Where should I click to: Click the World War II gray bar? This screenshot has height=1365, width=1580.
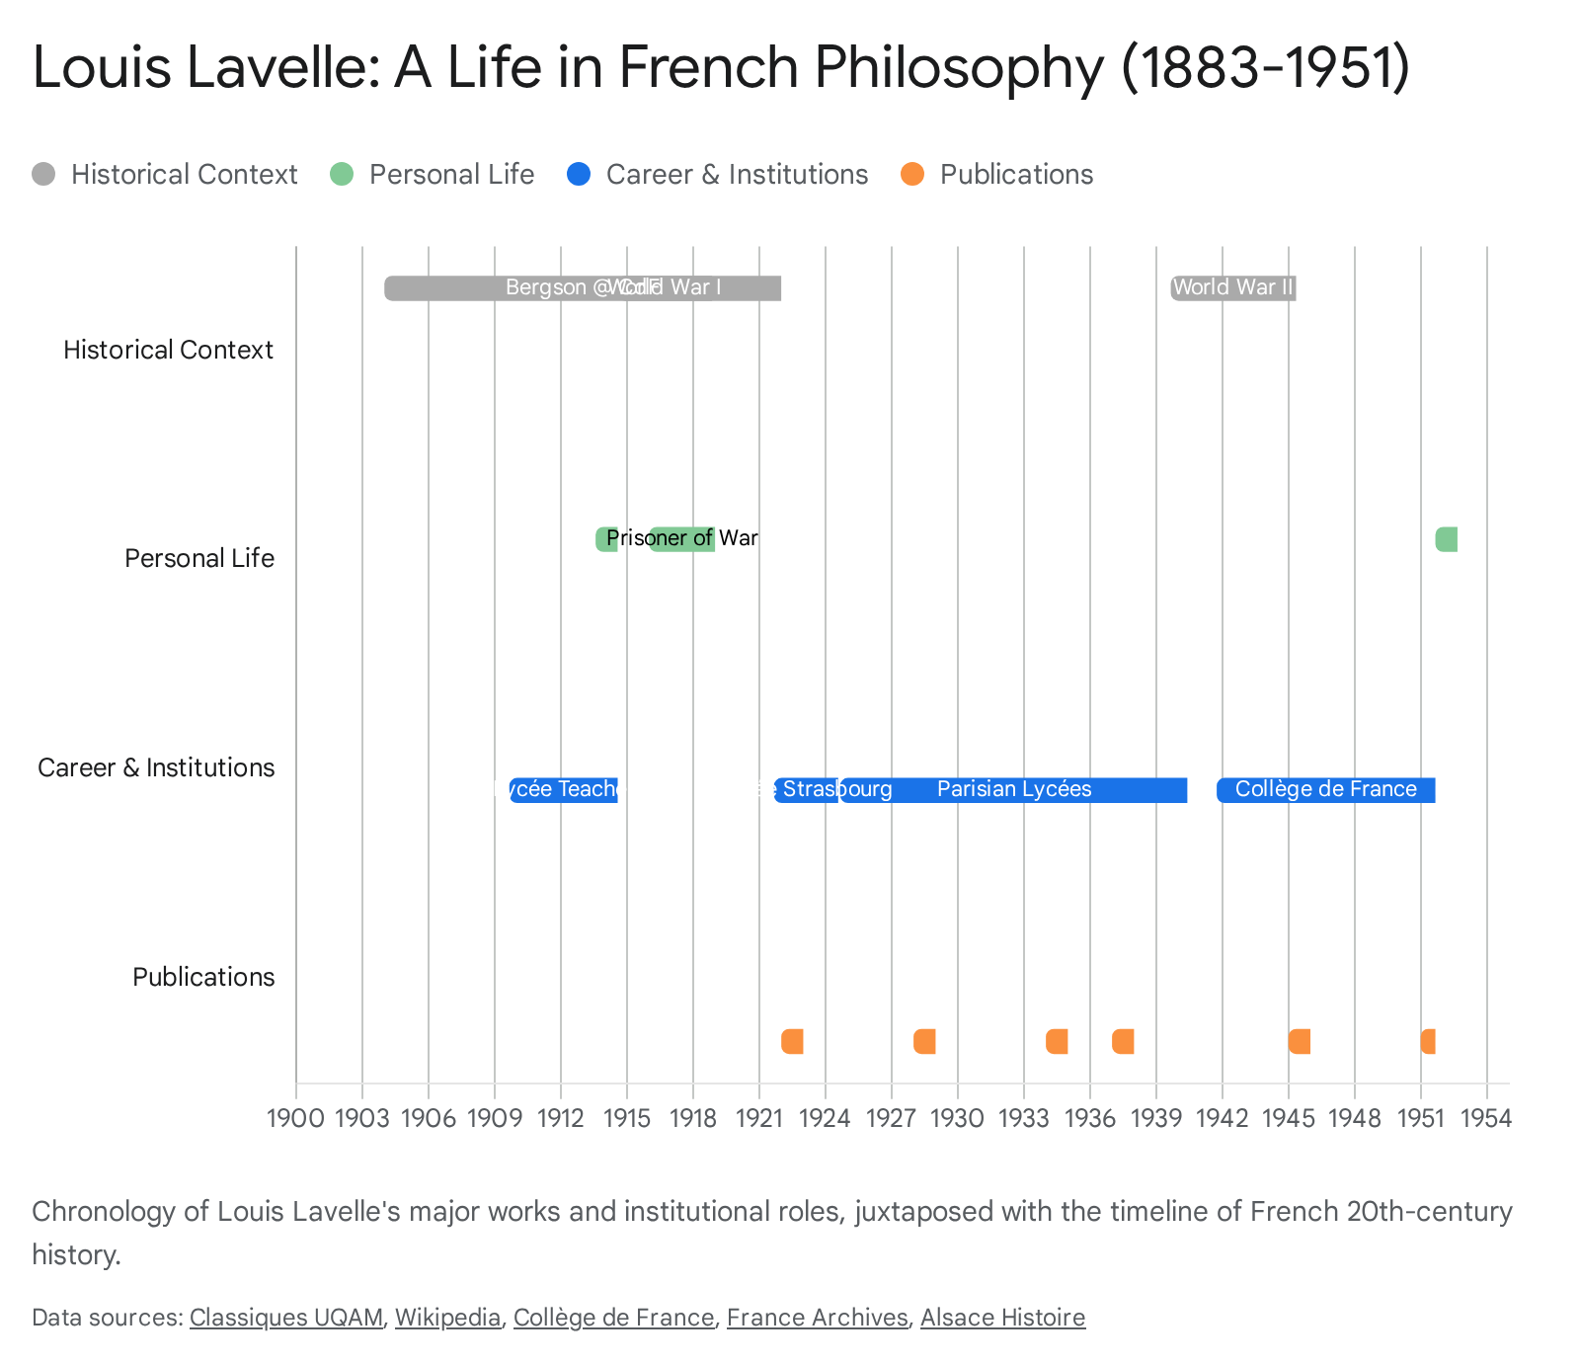tap(1232, 287)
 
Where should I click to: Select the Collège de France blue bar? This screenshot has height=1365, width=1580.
tap(1325, 789)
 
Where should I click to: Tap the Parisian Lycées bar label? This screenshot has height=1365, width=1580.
tap(1014, 789)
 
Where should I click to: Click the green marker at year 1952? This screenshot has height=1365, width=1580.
tap(1447, 539)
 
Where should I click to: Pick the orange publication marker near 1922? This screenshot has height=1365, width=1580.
tap(792, 1041)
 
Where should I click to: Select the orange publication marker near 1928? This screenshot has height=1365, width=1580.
tap(924, 1041)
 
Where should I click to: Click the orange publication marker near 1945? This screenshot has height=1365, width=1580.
tap(1300, 1041)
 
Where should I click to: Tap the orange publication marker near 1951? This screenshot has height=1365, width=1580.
tap(1428, 1041)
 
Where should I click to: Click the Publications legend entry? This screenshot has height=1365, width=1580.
tap(1015, 175)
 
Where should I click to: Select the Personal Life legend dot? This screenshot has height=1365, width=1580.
tap(341, 175)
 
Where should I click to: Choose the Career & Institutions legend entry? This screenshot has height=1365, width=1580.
tap(736, 175)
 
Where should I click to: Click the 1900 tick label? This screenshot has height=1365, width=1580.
tap(295, 1118)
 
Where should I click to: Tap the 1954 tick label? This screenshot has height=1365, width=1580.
tap(1486, 1118)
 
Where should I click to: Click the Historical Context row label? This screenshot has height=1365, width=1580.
tap(168, 350)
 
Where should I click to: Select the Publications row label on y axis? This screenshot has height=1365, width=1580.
tap(203, 977)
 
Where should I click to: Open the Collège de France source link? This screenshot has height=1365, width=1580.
tap(613, 1318)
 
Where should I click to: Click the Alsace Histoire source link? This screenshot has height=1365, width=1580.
tap(1002, 1318)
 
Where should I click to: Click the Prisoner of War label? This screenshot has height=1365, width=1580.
tap(681, 538)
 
